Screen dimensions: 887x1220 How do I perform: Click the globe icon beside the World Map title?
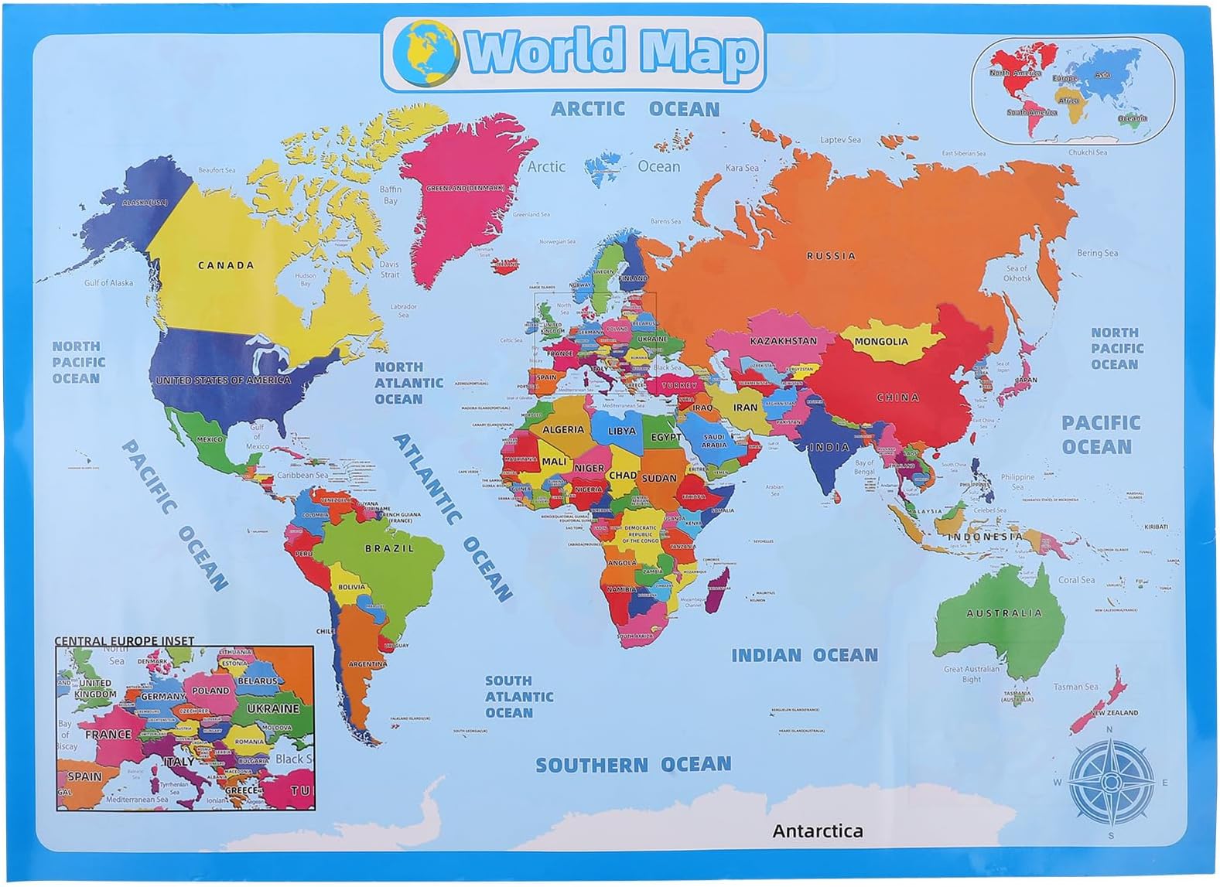[x=425, y=53]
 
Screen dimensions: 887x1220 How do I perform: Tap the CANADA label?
[x=226, y=265]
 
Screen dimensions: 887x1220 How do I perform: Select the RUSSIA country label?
[x=831, y=255]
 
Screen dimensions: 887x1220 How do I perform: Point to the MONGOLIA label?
[x=881, y=341]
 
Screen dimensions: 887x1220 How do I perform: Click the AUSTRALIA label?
[x=1004, y=612]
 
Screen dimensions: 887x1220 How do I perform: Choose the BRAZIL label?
[x=389, y=548]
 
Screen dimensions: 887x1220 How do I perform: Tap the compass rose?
[x=1110, y=782]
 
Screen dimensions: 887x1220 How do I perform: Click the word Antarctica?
[x=817, y=831]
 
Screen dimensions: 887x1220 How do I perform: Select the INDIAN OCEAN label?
[x=805, y=656]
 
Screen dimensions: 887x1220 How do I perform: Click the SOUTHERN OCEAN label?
[x=633, y=765]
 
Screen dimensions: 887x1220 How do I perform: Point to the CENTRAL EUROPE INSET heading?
[x=124, y=640]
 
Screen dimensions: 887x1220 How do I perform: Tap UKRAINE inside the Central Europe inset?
[x=272, y=708]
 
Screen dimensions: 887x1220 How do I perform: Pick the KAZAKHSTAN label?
[x=783, y=340]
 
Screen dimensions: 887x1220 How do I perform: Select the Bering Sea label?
[x=1097, y=253]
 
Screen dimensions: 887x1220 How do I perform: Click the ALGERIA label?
[x=563, y=430]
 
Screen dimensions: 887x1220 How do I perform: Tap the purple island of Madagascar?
[x=717, y=587]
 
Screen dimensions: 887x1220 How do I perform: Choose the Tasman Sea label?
[x=1075, y=686]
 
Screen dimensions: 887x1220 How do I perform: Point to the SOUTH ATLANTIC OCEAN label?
[x=518, y=696]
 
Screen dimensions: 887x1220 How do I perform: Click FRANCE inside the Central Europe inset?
[x=108, y=734]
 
